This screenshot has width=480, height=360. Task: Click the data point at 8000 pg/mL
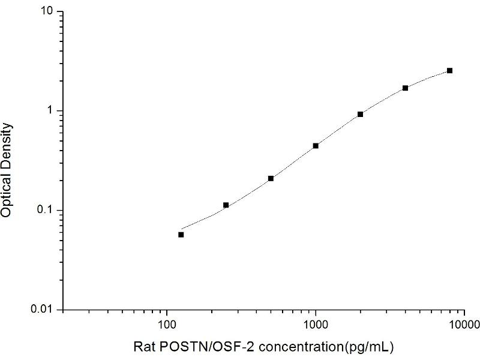[449, 71]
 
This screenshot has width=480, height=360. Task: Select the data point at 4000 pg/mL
[405, 88]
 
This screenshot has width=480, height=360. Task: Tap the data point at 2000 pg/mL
[360, 114]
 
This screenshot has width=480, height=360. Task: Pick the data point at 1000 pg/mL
[316, 146]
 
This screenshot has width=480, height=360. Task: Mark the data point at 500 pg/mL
[271, 178]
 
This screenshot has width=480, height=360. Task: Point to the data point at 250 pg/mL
[226, 205]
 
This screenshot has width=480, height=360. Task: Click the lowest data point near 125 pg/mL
[181, 235]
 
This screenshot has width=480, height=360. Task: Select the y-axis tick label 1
[52, 111]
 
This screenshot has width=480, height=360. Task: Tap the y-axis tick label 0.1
[47, 210]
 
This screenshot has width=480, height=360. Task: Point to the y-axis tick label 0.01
[45, 310]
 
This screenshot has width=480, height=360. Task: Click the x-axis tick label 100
[167, 325]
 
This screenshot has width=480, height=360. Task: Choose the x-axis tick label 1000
[316, 325]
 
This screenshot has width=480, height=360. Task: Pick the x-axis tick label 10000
[463, 325]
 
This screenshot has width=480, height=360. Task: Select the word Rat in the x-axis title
[142, 346]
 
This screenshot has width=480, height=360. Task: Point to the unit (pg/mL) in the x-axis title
[370, 346]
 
